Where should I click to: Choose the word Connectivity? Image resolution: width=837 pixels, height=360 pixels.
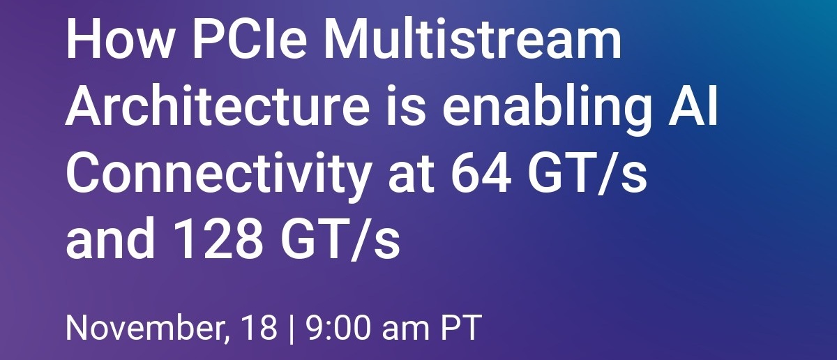(x=216, y=176)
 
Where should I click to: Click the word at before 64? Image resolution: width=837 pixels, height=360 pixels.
(x=413, y=176)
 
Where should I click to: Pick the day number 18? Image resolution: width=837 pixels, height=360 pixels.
(x=260, y=328)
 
